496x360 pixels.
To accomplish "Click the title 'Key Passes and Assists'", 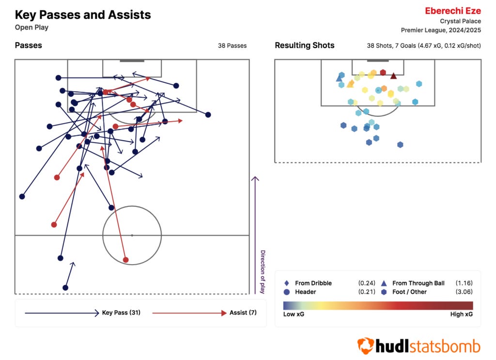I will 83,15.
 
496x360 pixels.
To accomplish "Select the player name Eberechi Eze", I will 452,11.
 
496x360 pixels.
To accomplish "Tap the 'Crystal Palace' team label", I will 460,21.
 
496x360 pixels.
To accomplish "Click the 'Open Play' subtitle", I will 31,27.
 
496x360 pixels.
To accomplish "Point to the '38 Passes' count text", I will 232,46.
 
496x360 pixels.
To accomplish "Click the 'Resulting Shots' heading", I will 304,46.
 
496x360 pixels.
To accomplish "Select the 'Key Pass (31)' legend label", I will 121,313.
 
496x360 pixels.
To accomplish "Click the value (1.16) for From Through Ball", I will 464,283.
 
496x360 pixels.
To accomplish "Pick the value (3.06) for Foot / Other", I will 464,292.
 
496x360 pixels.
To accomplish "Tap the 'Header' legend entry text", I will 305,292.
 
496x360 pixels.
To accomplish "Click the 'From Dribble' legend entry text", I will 313,283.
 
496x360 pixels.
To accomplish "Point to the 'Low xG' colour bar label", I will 294,314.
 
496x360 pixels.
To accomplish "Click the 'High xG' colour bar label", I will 461,314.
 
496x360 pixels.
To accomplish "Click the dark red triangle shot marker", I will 393,76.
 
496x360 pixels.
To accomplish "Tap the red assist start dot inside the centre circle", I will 126,260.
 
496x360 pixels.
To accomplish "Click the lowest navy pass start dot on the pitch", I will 65,287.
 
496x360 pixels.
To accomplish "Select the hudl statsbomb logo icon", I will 365,345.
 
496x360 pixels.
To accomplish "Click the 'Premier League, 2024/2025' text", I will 441,30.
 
